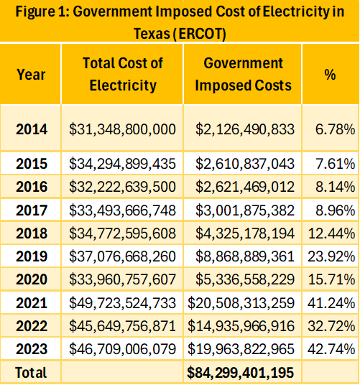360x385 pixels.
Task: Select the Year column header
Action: point(31,75)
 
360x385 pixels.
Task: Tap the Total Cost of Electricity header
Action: point(123,74)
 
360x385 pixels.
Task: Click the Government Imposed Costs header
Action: point(243,74)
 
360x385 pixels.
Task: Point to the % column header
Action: point(330,75)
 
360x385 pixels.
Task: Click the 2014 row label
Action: point(32,129)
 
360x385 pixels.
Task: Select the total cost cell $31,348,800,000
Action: point(122,129)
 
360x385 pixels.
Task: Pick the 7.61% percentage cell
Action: point(335,164)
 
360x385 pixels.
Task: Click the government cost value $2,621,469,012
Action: point(245,187)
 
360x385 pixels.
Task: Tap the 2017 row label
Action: point(32,210)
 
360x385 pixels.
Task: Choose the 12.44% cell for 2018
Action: point(331,233)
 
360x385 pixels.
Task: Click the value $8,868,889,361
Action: point(245,256)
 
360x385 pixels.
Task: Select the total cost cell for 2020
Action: point(122,279)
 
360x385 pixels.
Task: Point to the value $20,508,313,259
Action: point(241,303)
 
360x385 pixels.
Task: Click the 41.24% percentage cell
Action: point(331,303)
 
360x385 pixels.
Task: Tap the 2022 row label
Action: point(32,326)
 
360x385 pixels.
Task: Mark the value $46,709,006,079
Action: point(122,349)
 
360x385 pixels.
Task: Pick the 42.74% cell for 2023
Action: point(331,349)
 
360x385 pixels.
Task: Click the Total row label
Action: point(31,373)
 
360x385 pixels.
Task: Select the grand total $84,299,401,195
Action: point(241,373)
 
